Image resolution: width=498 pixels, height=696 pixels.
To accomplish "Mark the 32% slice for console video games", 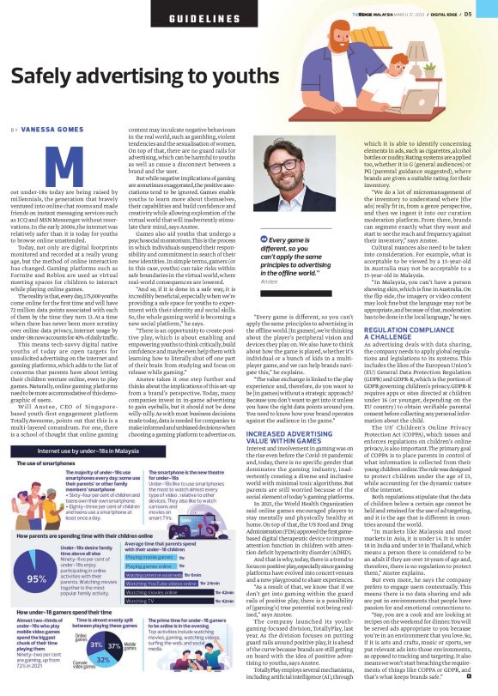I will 102,658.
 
